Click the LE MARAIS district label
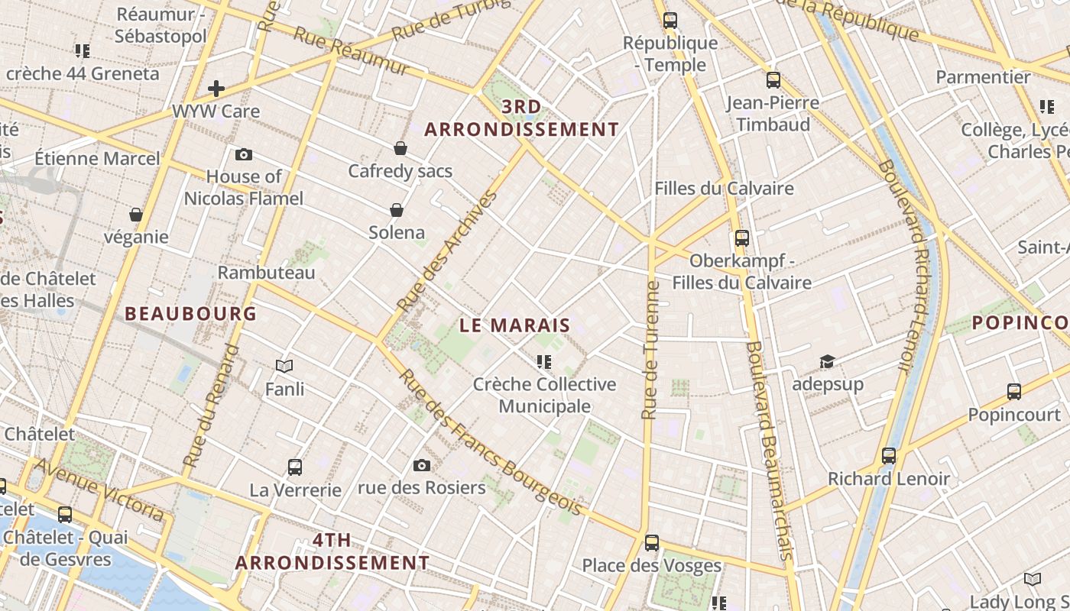point(514,325)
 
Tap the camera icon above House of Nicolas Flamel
point(244,155)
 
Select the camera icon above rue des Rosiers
point(421,465)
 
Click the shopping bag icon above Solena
point(397,210)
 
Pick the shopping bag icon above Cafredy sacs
point(400,148)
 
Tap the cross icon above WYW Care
point(216,89)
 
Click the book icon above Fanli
point(284,367)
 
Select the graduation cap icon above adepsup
point(827,361)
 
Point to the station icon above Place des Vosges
point(652,543)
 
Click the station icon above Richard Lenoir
point(888,456)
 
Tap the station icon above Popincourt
point(1014,392)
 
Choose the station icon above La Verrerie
point(295,467)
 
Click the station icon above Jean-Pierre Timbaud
point(773,79)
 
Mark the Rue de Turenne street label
point(650,351)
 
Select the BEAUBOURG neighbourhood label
point(190,313)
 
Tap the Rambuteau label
point(266,273)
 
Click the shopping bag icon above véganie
point(136,215)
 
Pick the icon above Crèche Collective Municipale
point(544,361)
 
